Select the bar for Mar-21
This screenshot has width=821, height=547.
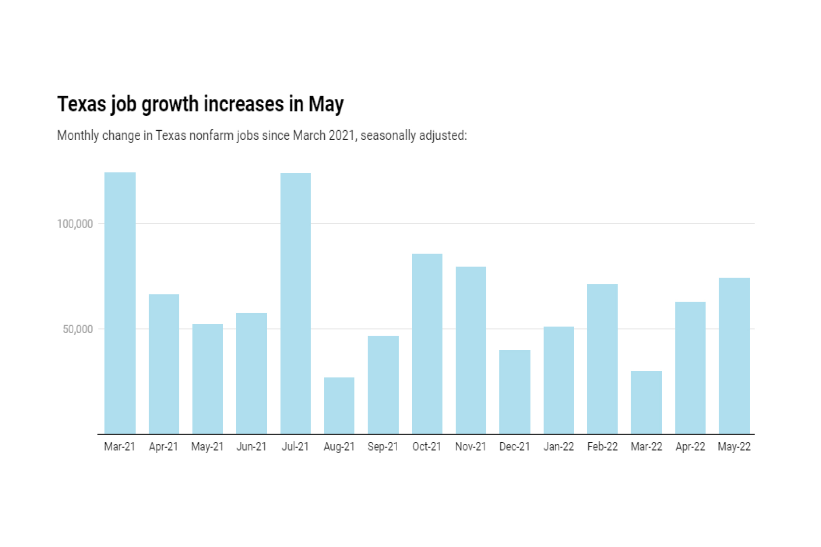(120, 303)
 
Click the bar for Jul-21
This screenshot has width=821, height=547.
(296, 303)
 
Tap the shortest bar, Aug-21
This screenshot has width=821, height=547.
(339, 406)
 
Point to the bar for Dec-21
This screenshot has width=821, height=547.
(515, 391)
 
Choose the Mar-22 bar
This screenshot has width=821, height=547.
(646, 402)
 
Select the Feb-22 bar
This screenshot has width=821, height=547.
(602, 359)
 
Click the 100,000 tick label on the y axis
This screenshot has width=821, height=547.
(75, 224)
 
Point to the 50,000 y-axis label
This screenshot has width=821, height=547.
(78, 329)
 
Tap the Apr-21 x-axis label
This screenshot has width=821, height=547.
(164, 447)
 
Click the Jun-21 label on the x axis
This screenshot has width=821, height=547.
(251, 447)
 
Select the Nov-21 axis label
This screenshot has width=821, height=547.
(471, 447)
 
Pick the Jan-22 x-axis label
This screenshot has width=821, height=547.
(559, 447)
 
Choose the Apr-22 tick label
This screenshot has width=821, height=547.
(690, 447)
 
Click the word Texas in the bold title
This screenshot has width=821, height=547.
(82, 104)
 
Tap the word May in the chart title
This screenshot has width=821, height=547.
(326, 104)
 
